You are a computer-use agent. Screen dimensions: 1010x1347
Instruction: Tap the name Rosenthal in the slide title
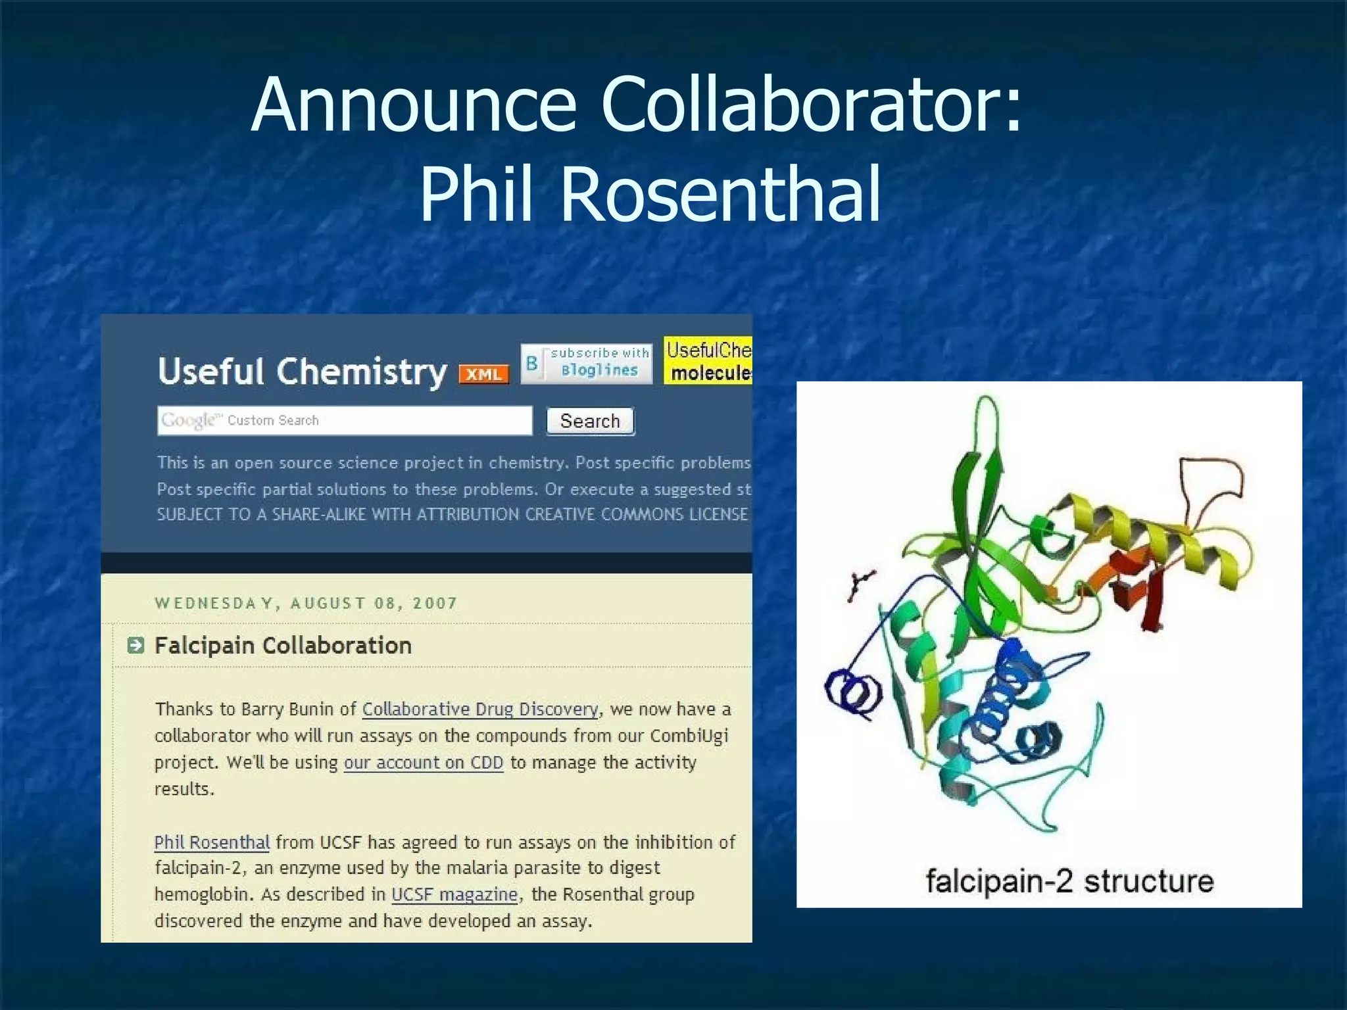click(x=720, y=194)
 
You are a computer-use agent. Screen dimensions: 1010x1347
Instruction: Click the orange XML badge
click(x=484, y=374)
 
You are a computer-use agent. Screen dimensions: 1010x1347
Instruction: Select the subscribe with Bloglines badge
click(x=587, y=363)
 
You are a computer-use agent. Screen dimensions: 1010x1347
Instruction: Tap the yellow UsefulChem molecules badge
click(x=708, y=361)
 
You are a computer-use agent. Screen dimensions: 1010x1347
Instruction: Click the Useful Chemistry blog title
click(x=302, y=372)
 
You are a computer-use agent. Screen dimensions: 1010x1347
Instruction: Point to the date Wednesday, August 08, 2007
click(x=306, y=603)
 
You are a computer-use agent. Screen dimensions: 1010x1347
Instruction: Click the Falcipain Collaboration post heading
click(x=283, y=646)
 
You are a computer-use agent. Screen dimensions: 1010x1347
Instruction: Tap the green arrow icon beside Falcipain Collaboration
click(x=135, y=645)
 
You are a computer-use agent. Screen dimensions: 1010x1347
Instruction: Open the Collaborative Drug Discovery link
click(x=480, y=709)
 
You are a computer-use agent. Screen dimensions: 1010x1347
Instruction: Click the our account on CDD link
click(x=423, y=763)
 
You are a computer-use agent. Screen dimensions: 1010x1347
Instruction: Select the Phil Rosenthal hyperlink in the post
click(x=212, y=842)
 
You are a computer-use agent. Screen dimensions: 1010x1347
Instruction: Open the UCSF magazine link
click(x=454, y=895)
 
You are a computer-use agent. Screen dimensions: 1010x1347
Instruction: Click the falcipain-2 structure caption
click(x=1069, y=881)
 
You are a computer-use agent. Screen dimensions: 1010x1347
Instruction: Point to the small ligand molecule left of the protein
click(x=860, y=585)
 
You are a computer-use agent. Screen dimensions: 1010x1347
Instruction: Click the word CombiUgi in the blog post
click(x=689, y=736)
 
